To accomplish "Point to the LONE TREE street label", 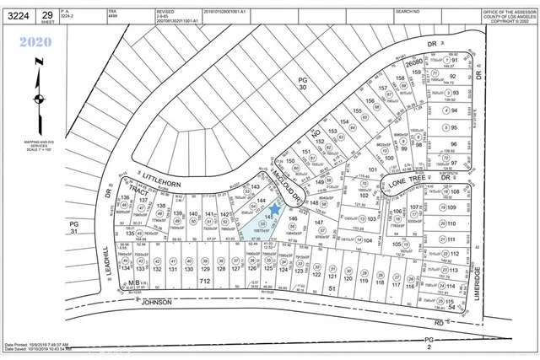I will click(405, 181).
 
